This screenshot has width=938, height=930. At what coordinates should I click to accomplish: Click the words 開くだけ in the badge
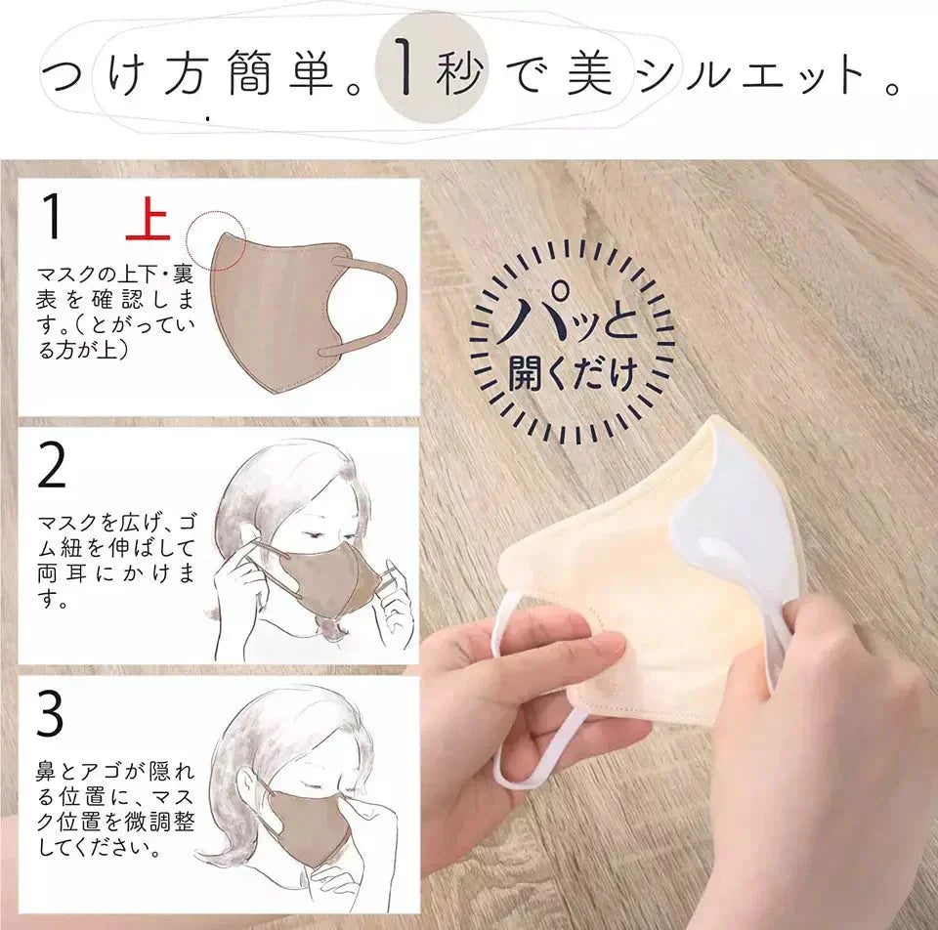coord(572,374)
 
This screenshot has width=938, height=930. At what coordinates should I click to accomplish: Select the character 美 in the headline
coord(589,75)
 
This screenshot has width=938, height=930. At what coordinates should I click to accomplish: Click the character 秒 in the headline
coord(459,75)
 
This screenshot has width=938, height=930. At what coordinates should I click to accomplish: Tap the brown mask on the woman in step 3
coord(304,819)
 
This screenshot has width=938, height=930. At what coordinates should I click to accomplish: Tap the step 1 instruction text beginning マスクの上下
coord(112,308)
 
